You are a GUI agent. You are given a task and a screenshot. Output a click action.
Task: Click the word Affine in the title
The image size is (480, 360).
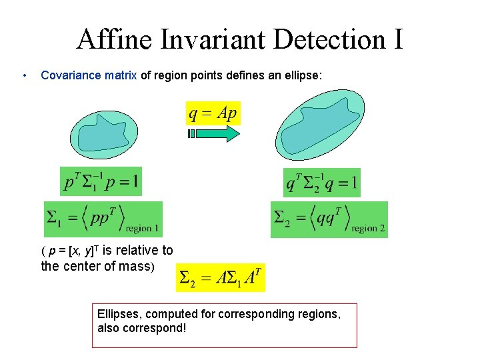pos(114,39)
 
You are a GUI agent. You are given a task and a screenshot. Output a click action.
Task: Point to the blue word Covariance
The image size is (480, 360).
pos(71,76)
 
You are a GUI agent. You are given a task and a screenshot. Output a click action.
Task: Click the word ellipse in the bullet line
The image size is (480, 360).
pos(303,76)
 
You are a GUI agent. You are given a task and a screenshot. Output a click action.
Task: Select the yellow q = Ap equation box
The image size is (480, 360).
pos(212,113)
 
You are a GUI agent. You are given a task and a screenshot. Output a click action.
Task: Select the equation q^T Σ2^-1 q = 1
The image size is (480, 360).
pos(321,182)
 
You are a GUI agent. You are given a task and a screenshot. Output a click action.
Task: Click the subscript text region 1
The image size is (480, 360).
pos(141,229)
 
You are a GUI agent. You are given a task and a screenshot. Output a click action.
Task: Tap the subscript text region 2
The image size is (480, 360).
pos(368,229)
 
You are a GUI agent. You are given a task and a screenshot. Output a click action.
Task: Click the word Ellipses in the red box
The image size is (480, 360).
pos(117,313)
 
